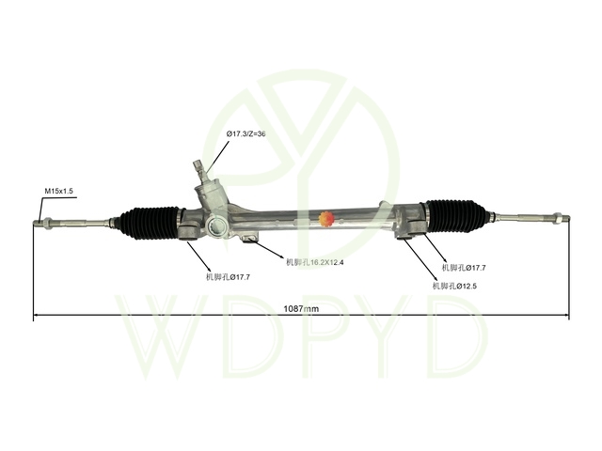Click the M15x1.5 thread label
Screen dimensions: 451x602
[57, 191]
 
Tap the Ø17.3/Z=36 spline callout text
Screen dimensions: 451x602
[246, 134]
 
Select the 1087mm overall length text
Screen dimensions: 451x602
[301, 308]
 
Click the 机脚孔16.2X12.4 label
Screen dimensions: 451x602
[315, 262]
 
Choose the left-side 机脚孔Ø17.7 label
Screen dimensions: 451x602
[228, 276]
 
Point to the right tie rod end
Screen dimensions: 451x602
[561, 220]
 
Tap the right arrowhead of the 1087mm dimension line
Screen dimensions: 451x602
[566, 318]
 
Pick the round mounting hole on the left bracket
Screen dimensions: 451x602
[217, 225]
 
